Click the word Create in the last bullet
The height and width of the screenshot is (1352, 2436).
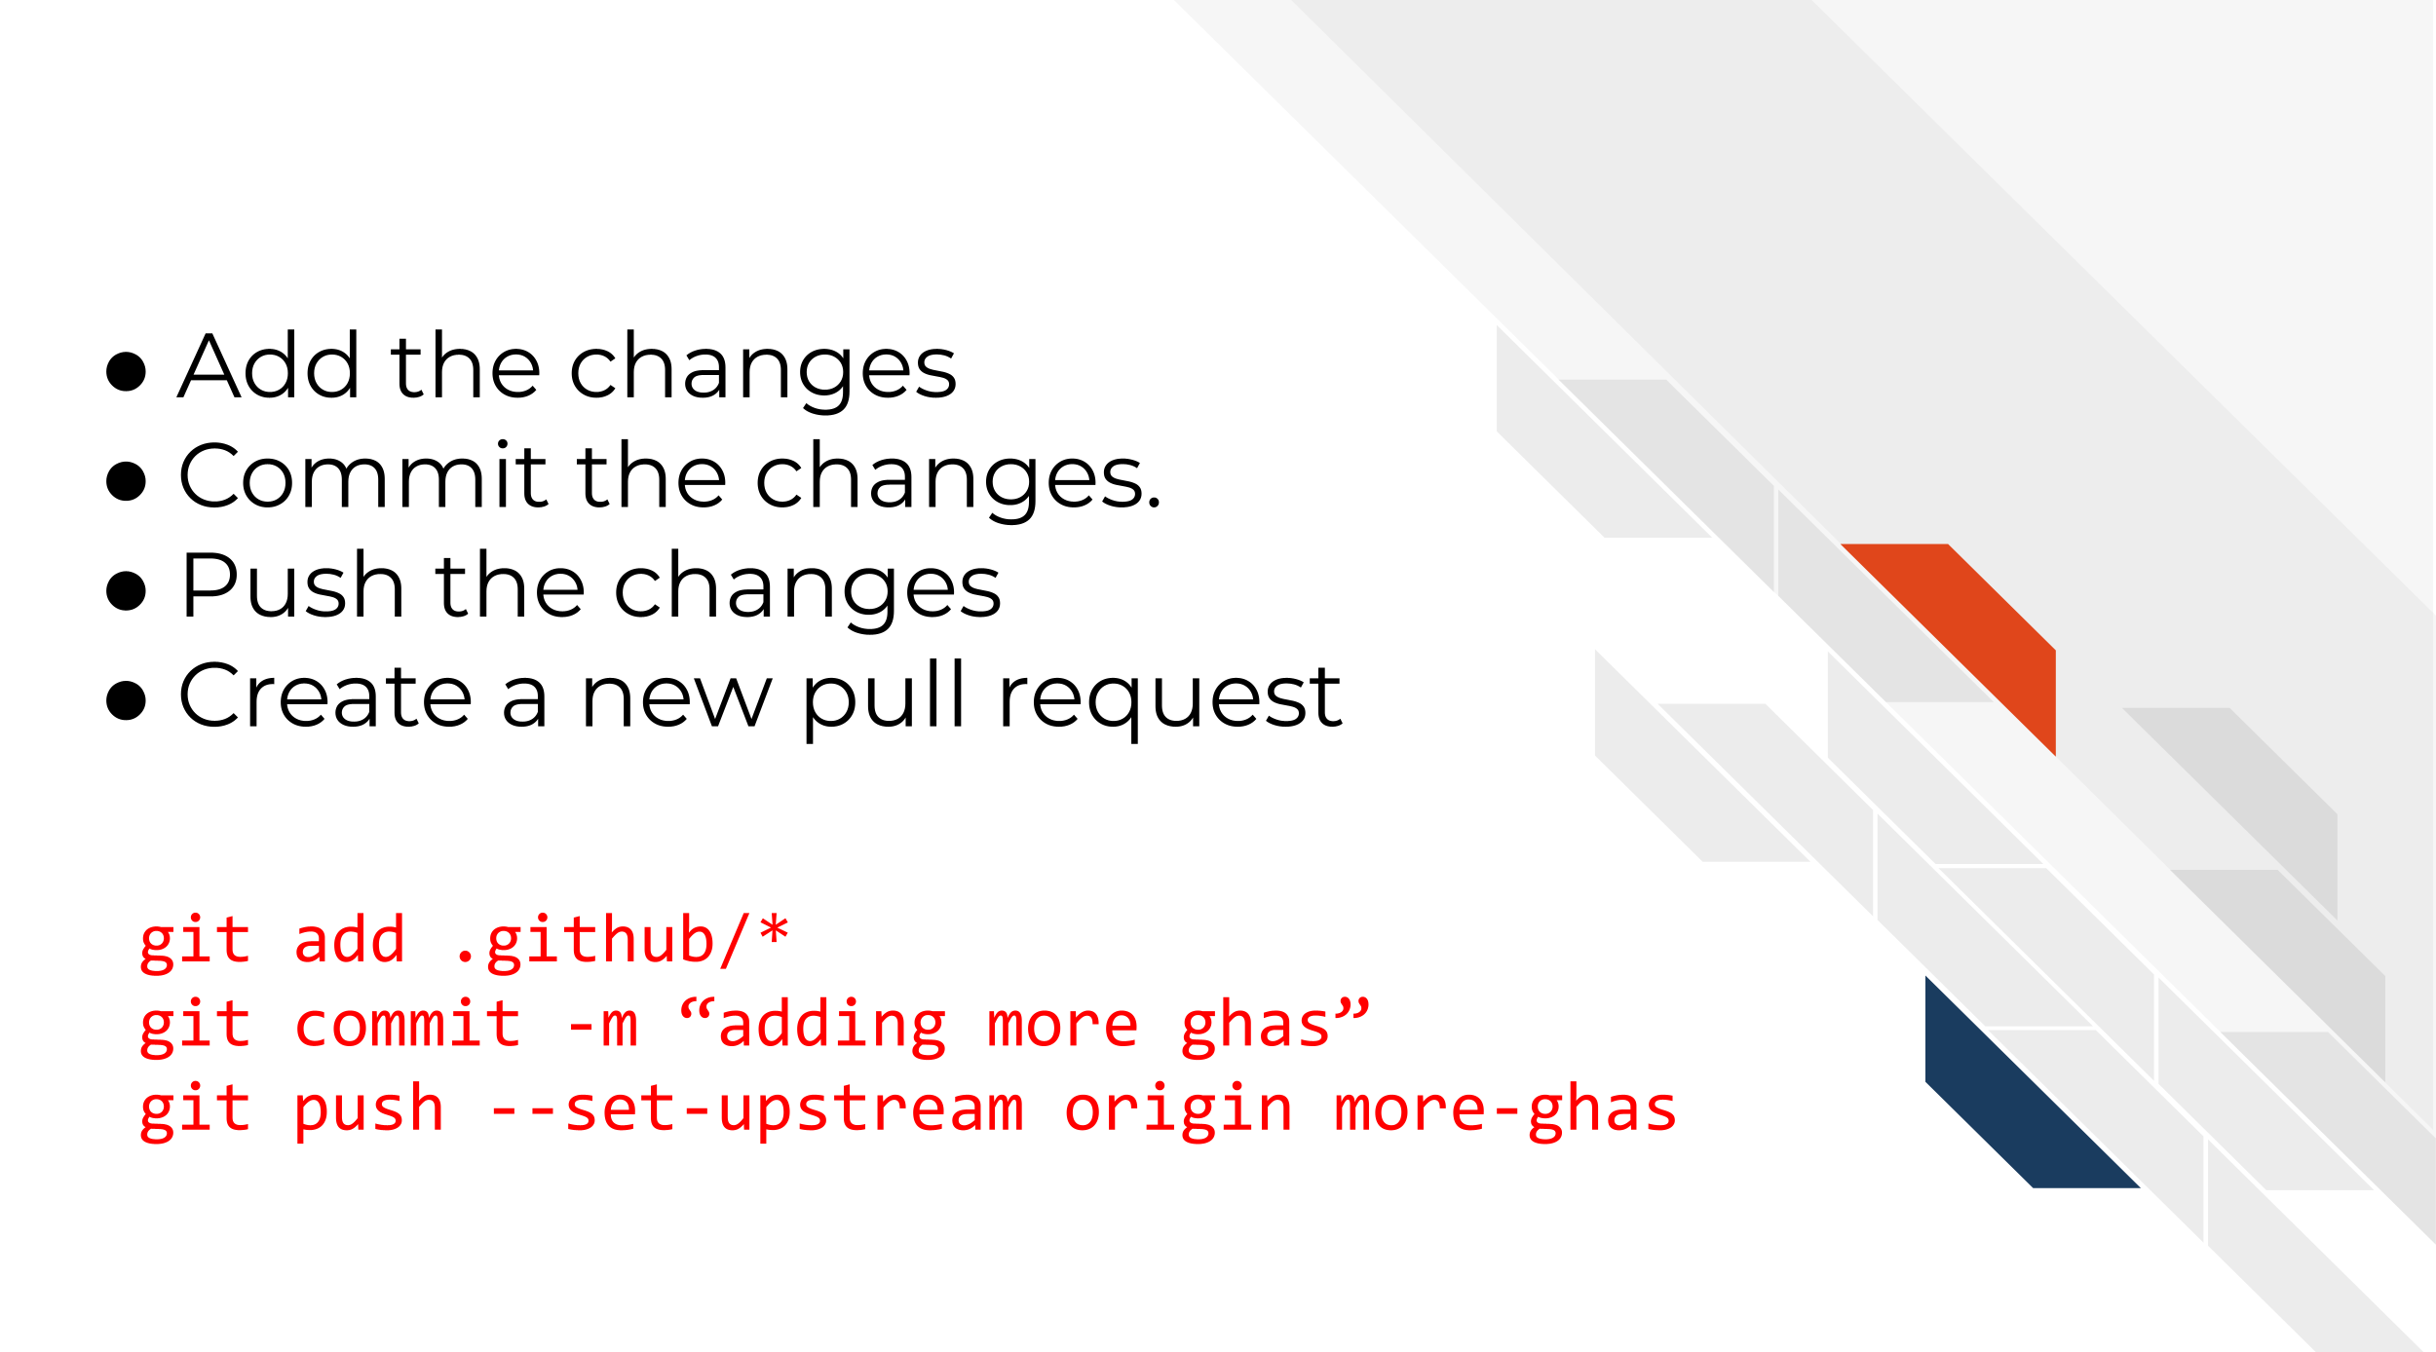coord(325,695)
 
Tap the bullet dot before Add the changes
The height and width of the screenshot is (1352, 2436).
coord(126,371)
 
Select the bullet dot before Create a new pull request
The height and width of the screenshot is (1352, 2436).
coord(126,700)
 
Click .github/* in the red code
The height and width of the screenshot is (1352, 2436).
coord(621,940)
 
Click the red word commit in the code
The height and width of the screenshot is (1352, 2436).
coord(407,1025)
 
